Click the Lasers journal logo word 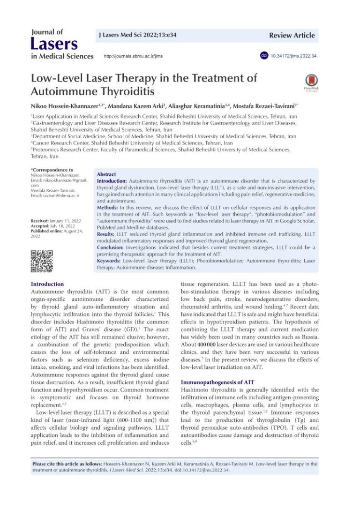click(x=54, y=45)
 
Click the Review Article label click(x=292, y=36)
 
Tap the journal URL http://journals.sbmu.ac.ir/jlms click(x=133, y=56)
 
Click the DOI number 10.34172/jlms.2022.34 click(x=293, y=56)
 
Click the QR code click(x=42, y=262)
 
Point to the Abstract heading click(x=106, y=174)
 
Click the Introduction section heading click(x=47, y=284)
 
